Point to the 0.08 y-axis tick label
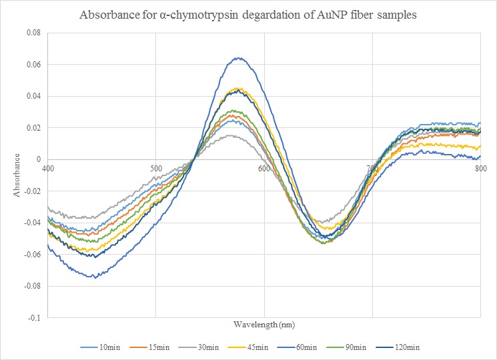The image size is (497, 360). [33, 33]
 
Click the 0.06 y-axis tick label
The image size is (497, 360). [33, 65]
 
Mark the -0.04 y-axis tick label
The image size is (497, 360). [33, 223]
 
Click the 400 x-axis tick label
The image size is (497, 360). [48, 168]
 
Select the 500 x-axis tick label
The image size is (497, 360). [155, 168]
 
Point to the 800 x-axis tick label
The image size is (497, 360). [480, 168]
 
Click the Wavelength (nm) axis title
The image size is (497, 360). [264, 325]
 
